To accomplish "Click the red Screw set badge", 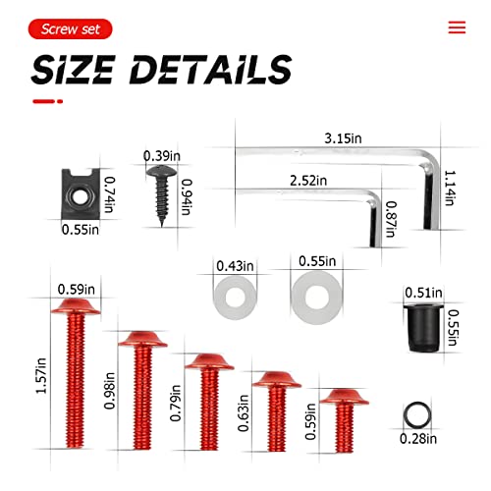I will point(71,29).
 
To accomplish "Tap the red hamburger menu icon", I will point(457,27).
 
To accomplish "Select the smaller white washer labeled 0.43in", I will point(235,292).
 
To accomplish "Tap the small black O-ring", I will point(416,412).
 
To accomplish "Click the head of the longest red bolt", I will point(75,308).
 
